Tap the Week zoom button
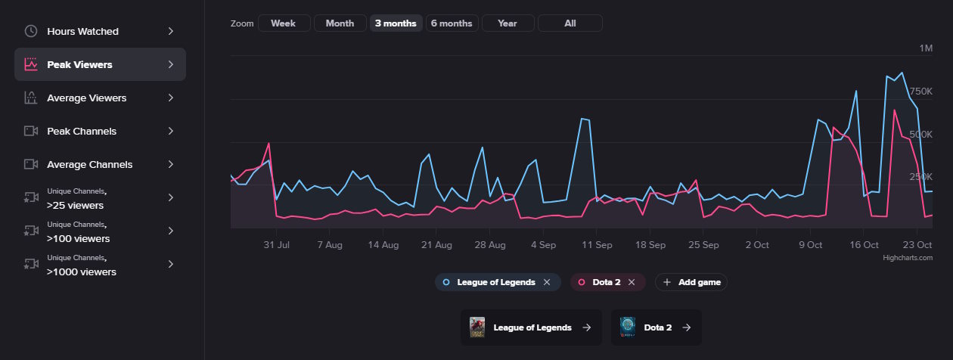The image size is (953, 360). pos(284,23)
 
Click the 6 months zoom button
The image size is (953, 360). pos(452,23)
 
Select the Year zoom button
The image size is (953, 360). pos(508,23)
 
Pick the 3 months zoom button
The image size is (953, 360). pos(396,23)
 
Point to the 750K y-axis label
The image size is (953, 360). pos(920,92)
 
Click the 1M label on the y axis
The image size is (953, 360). pos(926,48)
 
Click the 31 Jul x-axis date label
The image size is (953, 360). pos(276,245)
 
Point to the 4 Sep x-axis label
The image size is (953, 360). pos(543,245)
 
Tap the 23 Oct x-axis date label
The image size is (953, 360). pos(918,245)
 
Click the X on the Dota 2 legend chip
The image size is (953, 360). pos(632,282)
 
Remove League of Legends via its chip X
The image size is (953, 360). pos(547,282)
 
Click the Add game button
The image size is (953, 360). pos(691,282)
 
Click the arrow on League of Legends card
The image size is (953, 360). pos(586,327)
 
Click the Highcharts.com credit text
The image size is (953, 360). pos(908,258)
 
